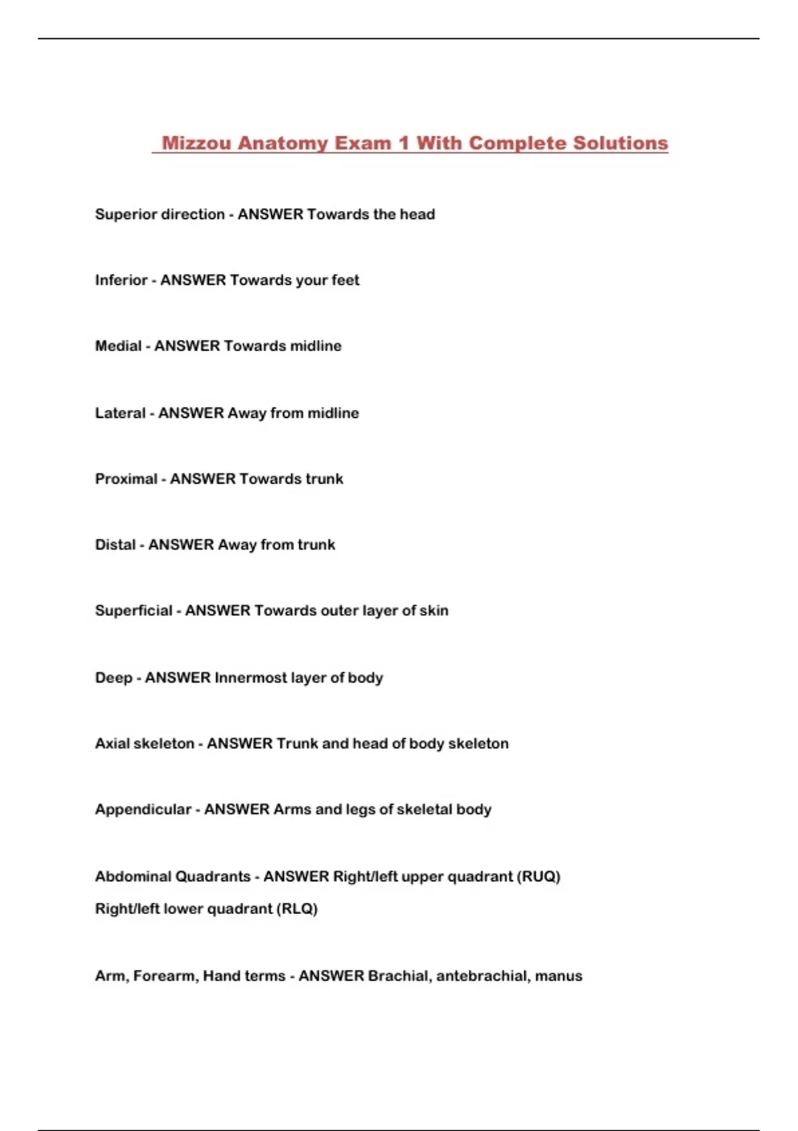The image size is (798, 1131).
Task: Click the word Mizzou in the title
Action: tap(197, 143)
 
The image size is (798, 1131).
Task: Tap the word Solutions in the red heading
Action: tap(620, 143)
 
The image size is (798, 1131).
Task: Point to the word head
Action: tap(417, 214)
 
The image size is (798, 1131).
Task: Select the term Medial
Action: tap(118, 346)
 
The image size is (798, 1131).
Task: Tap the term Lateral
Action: tap(120, 413)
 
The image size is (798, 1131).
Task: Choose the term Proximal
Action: tap(126, 479)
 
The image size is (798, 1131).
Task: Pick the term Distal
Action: tap(115, 545)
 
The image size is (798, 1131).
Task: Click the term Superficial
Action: tap(134, 611)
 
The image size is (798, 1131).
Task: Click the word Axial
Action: tap(111, 744)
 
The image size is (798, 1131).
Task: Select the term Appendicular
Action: tap(143, 810)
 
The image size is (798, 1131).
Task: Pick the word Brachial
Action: tap(398, 976)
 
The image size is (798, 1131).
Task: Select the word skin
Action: tap(434, 611)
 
